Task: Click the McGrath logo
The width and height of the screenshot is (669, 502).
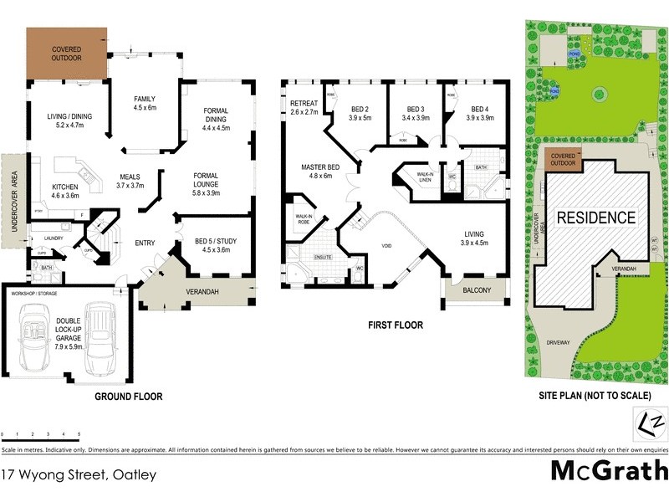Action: (609, 470)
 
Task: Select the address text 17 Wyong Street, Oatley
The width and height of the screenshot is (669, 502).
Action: (79, 474)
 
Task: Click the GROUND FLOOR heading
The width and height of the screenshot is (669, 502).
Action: (128, 397)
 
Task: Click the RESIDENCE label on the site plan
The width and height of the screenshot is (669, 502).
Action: (596, 218)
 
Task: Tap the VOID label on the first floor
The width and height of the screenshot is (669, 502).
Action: (386, 246)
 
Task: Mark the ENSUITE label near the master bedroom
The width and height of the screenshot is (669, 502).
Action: (324, 258)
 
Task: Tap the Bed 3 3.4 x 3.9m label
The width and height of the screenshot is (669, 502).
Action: (416, 114)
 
